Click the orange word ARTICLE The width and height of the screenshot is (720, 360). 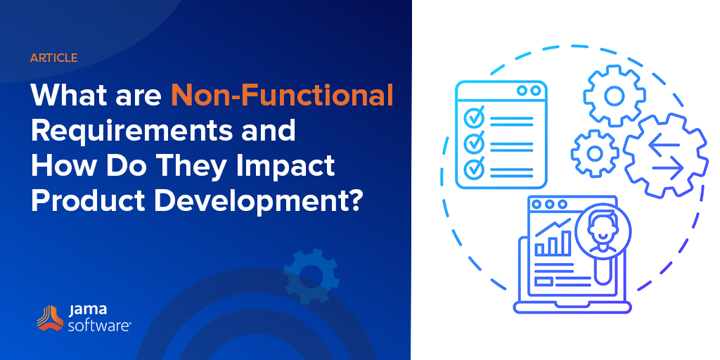click(x=53, y=58)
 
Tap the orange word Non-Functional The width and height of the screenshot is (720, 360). click(x=282, y=95)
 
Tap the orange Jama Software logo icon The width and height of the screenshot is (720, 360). click(x=50, y=319)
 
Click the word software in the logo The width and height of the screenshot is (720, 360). click(x=100, y=326)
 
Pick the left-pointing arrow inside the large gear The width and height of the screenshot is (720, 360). click(x=664, y=145)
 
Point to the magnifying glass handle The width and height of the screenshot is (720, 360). click(x=602, y=271)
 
